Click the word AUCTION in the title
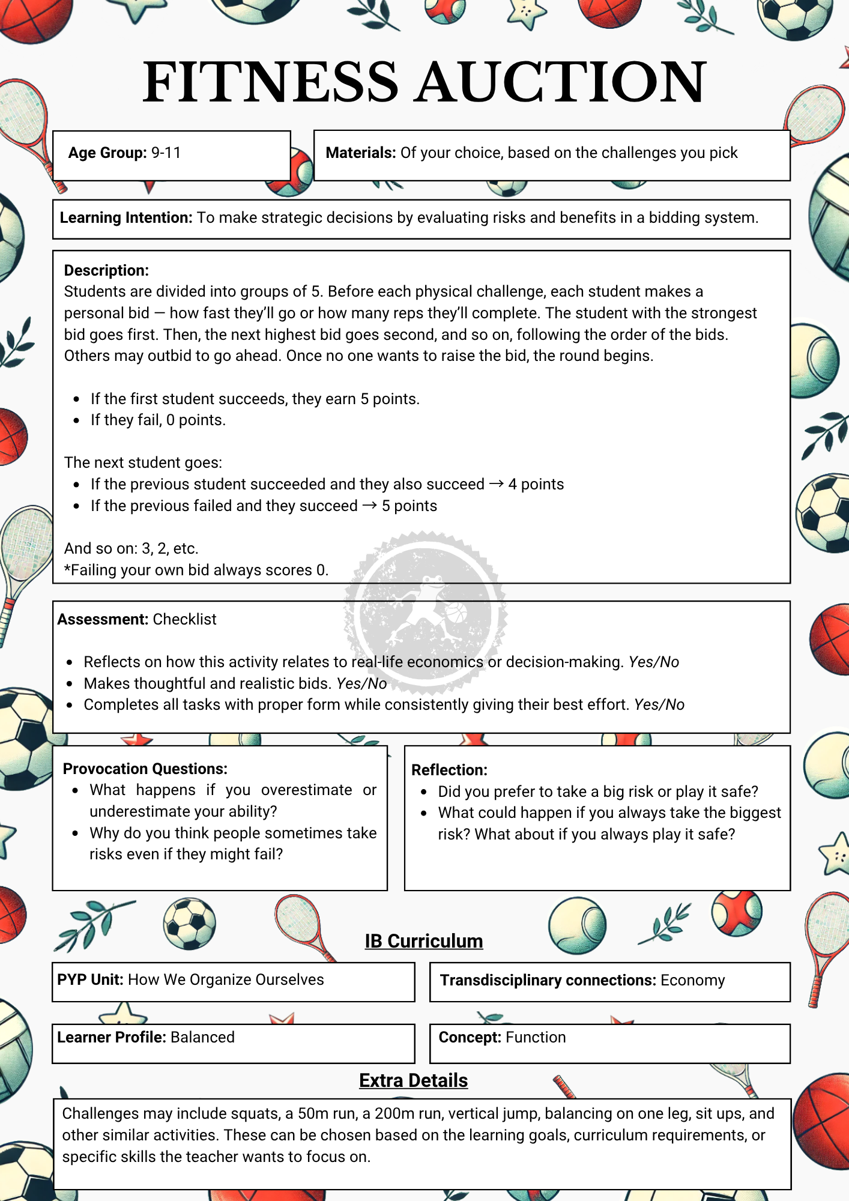561,82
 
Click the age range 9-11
166,153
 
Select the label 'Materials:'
360,153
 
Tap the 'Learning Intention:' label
125,218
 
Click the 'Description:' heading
106,271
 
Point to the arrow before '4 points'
496,484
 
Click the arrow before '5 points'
370,506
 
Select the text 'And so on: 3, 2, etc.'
131,548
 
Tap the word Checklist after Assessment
184,620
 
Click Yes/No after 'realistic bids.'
361,683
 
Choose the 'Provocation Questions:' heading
145,769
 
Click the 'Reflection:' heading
449,770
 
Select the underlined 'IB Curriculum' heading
424,941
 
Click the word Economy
692,981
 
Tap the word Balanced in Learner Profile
202,1038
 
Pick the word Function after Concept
536,1038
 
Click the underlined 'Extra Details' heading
413,1080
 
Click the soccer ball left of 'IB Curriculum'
190,924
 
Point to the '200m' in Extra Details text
394,1114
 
